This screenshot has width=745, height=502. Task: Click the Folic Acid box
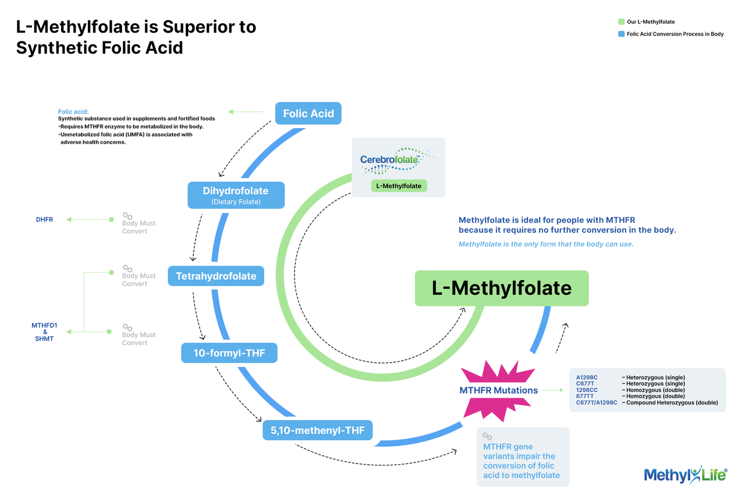308,114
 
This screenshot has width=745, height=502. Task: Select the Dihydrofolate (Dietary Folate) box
236,195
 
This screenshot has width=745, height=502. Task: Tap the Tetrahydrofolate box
216,276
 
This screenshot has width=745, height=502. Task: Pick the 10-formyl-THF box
229,353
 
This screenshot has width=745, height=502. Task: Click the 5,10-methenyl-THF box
317,430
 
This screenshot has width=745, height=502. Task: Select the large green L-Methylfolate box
501,288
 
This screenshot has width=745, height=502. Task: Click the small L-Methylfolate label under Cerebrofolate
399,186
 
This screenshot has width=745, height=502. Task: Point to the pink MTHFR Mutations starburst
498,390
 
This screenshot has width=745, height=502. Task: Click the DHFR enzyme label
44,220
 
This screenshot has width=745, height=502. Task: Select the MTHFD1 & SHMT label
44,332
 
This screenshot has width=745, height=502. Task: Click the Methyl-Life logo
685,475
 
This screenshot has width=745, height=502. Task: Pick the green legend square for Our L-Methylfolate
621,22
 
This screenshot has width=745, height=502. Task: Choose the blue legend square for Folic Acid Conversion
621,34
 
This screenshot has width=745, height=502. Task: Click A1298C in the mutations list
587,377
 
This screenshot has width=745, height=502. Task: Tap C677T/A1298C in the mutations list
597,402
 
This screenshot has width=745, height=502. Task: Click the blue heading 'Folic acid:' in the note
73,111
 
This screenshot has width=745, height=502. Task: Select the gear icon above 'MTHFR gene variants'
488,437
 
